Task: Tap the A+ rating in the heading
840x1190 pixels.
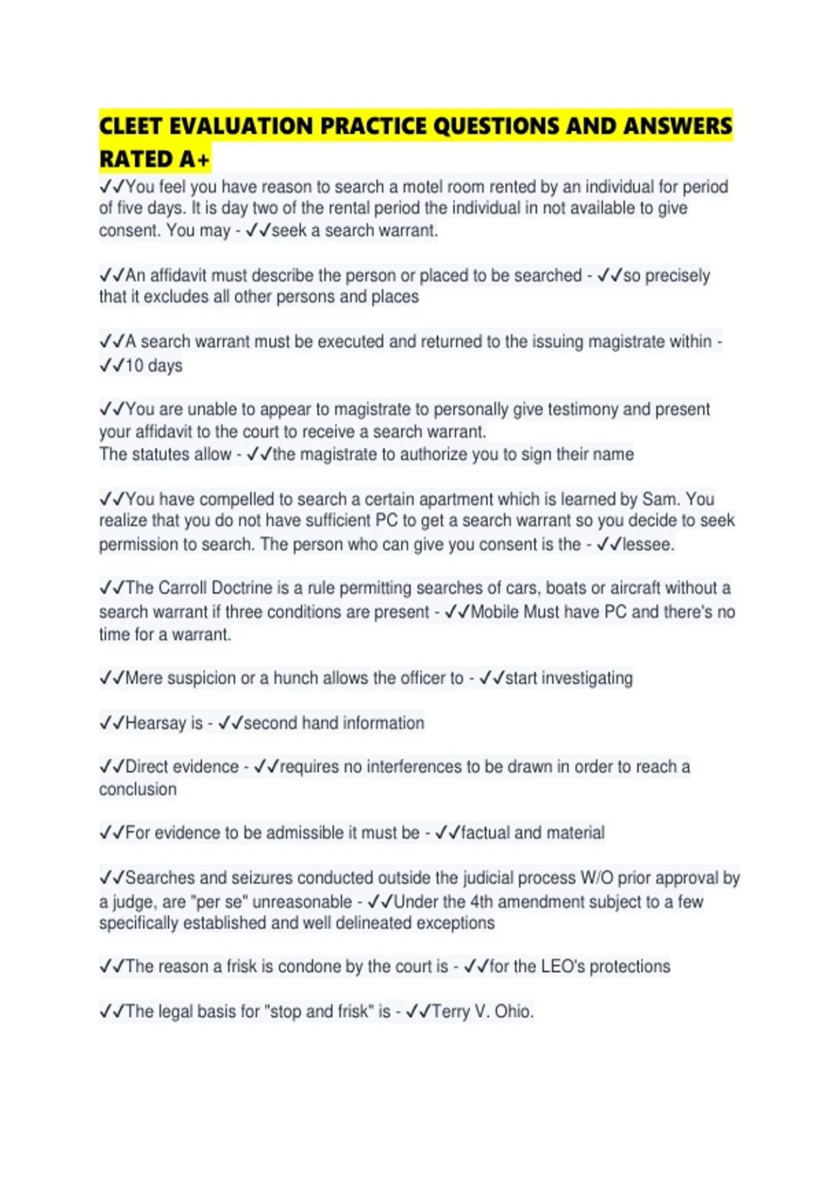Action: coord(194,160)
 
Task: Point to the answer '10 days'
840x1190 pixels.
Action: coord(153,365)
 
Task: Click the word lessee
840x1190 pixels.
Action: coord(648,544)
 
